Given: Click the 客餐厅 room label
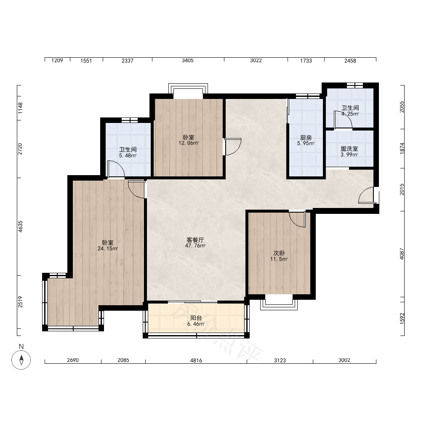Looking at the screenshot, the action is [x=195, y=240].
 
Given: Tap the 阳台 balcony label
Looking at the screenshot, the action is [x=196, y=318].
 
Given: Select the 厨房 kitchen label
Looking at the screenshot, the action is [x=306, y=138].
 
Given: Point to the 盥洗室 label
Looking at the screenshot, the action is [x=349, y=149].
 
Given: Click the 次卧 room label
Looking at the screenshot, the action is [x=279, y=253].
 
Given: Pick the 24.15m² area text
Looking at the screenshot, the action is [x=108, y=249].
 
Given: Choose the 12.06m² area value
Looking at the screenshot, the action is [x=189, y=143].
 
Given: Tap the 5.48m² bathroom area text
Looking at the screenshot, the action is [x=128, y=155].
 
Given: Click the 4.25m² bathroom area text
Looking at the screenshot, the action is [x=350, y=114].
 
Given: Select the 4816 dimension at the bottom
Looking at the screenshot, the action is [x=196, y=360].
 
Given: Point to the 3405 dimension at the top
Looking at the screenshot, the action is [x=187, y=60].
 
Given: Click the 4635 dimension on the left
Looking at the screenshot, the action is [x=20, y=226].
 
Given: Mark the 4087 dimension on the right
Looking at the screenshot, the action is [x=402, y=254].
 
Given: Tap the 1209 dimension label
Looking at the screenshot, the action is [x=57, y=60].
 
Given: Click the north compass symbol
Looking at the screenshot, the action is [x=21, y=360].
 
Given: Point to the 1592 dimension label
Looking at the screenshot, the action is [x=402, y=318].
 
